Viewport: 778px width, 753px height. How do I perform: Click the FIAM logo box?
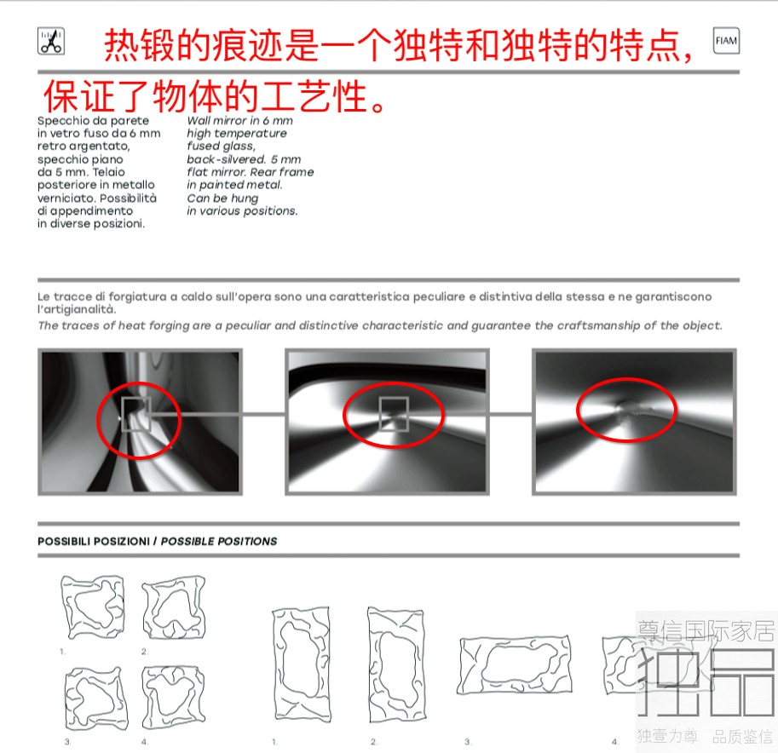726,41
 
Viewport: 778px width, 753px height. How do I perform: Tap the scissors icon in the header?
51,41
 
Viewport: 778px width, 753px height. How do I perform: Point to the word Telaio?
109,172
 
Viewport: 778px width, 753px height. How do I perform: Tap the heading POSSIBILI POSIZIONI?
94,541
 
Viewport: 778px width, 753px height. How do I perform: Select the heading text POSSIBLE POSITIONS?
219,541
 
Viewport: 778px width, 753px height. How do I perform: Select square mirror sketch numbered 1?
93,606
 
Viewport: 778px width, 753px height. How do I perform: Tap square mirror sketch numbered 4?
174,698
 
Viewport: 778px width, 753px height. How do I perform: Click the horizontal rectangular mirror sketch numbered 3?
515,665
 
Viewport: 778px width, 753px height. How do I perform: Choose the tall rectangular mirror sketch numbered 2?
395,665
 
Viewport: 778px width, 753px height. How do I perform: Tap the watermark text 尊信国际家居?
706,631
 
